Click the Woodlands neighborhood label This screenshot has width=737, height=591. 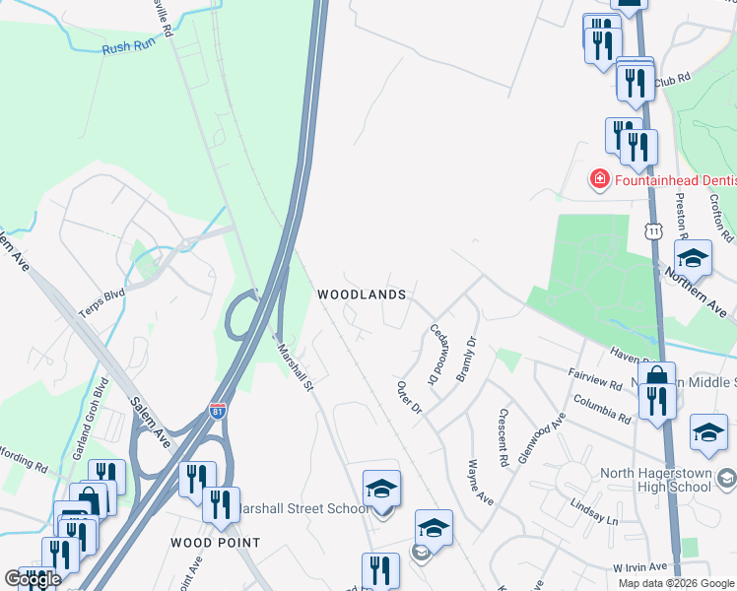coord(362,295)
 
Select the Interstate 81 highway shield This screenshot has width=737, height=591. coord(219,410)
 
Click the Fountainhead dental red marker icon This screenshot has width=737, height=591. coord(598,179)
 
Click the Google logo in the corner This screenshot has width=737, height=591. coord(33,579)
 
